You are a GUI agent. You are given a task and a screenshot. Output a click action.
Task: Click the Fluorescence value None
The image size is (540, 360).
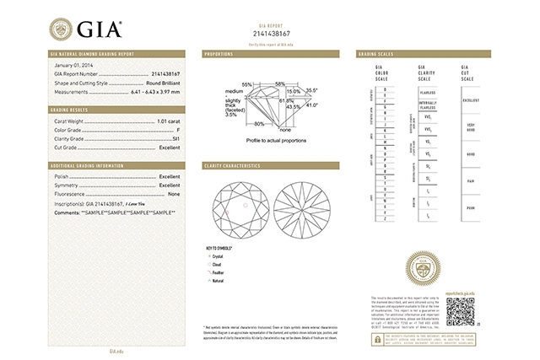[174, 195]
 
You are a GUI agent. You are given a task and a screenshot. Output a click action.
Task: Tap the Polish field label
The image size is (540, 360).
[62, 176]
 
